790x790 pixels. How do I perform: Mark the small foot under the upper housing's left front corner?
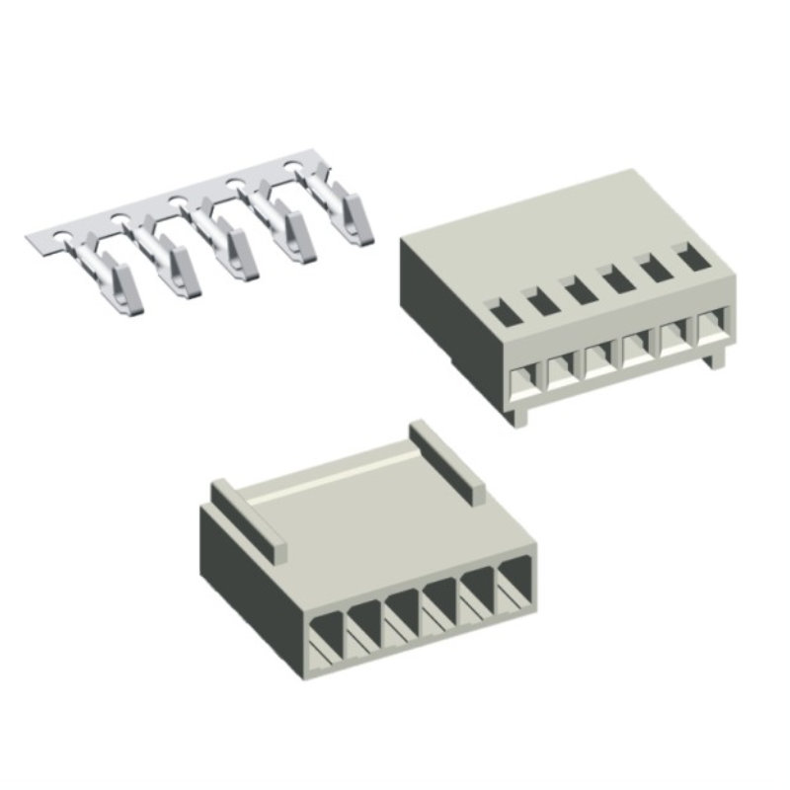pos(520,417)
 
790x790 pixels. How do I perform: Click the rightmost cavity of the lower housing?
pos(513,583)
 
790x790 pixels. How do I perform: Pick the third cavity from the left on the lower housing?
pos(402,614)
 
